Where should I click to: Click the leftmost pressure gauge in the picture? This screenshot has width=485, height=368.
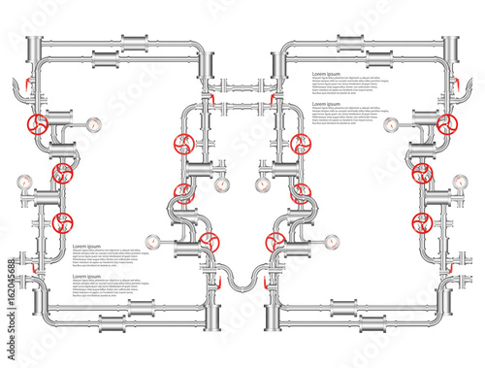(x=23, y=181)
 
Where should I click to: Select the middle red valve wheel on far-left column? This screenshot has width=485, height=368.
(x=63, y=175)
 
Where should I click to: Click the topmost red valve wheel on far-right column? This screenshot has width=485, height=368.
(x=447, y=125)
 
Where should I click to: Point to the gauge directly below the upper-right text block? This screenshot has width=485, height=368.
(x=391, y=124)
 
